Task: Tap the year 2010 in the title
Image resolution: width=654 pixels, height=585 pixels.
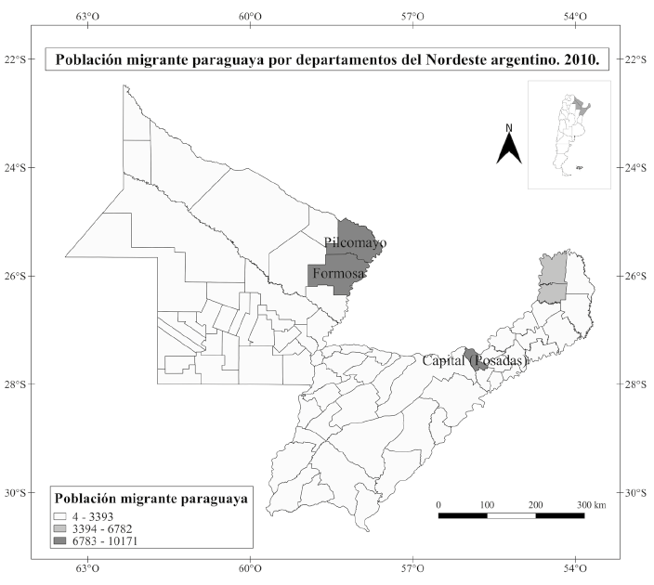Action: [579, 60]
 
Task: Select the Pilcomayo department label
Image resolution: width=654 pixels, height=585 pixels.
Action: [356, 242]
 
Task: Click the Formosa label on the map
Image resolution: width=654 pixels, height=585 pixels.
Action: [338, 274]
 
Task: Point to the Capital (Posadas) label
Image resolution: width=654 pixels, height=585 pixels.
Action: [475, 360]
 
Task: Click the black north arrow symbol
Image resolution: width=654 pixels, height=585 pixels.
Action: [508, 148]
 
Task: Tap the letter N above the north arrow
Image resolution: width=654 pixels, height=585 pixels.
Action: [508, 127]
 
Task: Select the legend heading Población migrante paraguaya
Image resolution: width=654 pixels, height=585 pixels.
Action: [150, 499]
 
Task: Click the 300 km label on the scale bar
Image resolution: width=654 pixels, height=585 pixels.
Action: [591, 504]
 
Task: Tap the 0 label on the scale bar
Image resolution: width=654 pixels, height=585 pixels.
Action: [438, 504]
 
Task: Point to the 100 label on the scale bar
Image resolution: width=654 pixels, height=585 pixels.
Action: [487, 504]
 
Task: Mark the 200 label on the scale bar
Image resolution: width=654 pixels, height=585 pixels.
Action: [535, 504]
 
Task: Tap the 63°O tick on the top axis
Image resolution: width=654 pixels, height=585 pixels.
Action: [87, 16]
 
